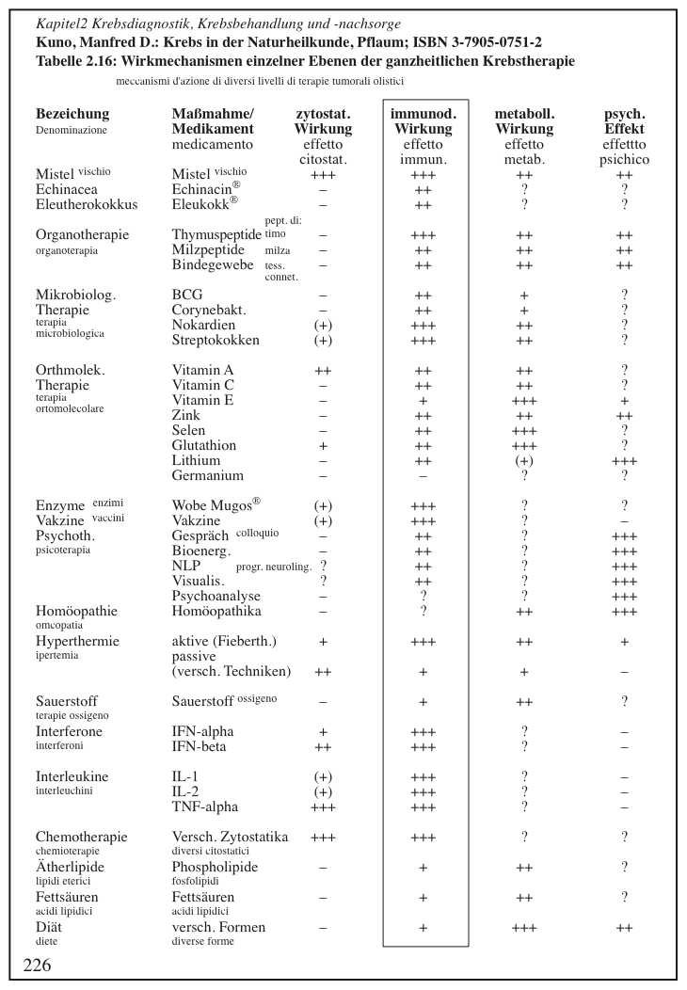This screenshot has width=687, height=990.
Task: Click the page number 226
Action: [37, 965]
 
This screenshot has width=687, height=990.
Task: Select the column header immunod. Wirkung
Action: [423, 121]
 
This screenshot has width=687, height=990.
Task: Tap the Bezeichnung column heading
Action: [72, 114]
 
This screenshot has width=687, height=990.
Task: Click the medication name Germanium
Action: [207, 476]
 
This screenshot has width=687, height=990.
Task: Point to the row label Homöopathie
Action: [76, 611]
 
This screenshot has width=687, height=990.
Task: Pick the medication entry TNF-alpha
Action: [204, 806]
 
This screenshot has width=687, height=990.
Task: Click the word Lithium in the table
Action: [196, 461]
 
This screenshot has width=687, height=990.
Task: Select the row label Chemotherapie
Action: [81, 837]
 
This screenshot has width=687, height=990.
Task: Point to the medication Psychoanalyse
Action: [216, 596]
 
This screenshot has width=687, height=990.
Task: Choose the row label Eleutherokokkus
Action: [87, 203]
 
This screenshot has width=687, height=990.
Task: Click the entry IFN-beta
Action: [200, 746]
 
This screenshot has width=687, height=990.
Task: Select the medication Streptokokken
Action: [216, 340]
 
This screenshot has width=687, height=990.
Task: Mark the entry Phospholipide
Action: [215, 867]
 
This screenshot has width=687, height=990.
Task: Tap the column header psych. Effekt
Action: [625, 121]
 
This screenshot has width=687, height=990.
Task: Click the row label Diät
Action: [50, 927]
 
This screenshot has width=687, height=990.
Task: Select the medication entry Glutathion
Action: [204, 445]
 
